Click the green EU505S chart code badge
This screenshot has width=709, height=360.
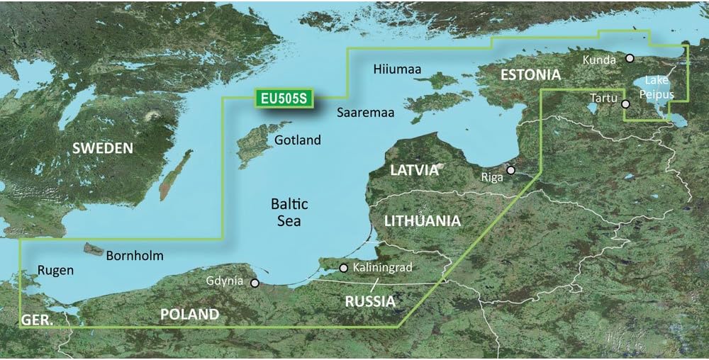[x=282, y=99]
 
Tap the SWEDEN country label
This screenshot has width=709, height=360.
[x=104, y=148]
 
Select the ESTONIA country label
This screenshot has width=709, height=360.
[x=530, y=74]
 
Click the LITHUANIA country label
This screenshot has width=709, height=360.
[x=422, y=221]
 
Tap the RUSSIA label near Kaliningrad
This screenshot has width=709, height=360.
[x=369, y=301]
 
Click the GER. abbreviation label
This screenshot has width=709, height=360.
[x=36, y=320]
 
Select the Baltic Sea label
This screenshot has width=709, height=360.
[x=290, y=213]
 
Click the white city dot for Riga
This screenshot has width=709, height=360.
[x=510, y=170]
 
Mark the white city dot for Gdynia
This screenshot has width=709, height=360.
[x=255, y=282]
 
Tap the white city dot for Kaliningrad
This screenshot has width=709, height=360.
[x=344, y=268]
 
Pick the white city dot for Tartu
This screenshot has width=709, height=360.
[x=625, y=104]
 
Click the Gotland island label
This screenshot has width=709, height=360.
[x=298, y=140]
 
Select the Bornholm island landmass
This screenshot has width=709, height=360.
[x=93, y=249]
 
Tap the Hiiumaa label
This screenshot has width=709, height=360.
[x=397, y=69]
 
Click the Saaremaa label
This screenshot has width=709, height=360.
[x=365, y=113]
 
